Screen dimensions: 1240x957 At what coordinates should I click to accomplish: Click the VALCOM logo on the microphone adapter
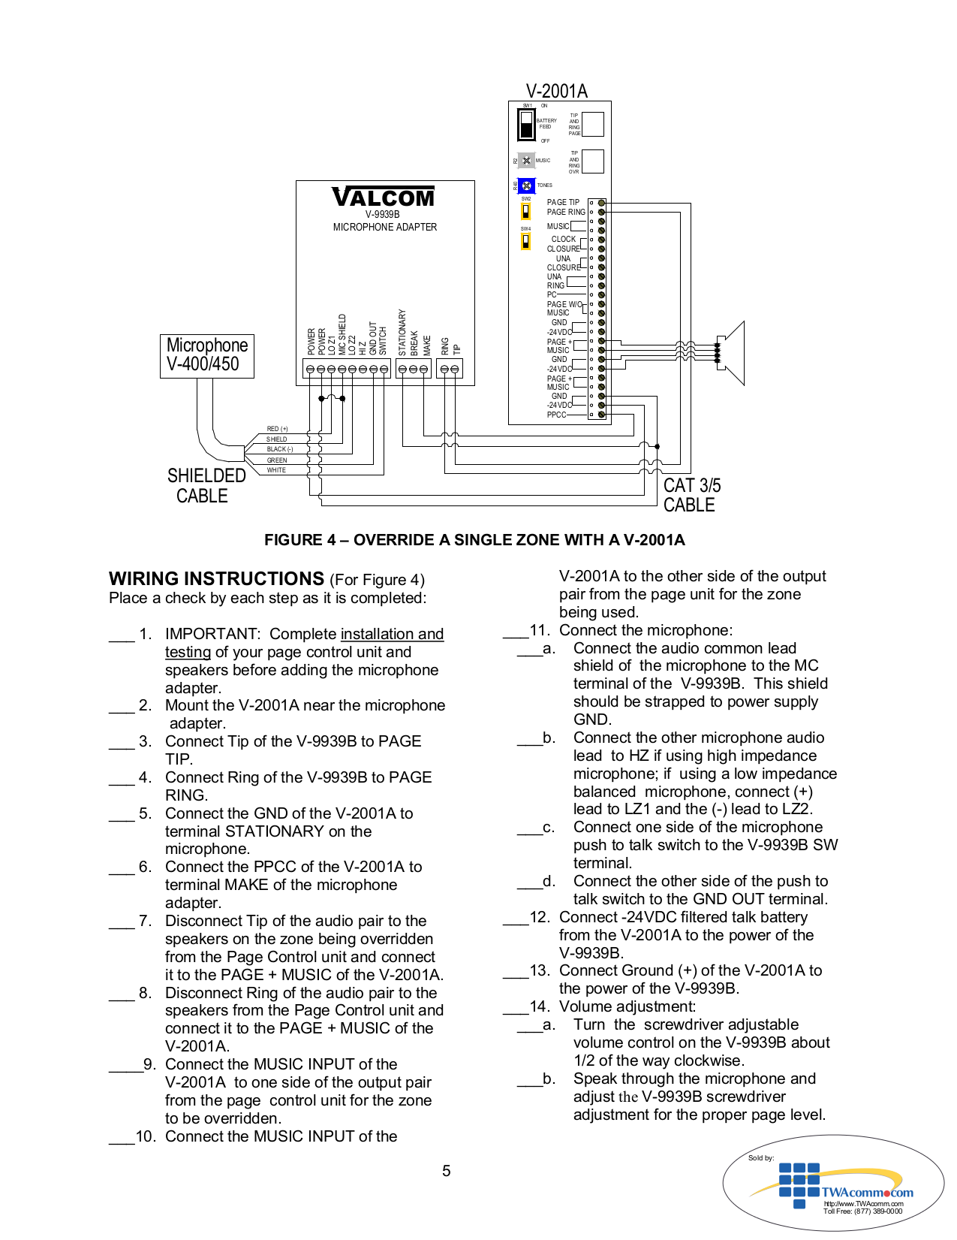tap(384, 198)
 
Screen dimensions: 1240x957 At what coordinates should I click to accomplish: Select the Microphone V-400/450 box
tap(207, 355)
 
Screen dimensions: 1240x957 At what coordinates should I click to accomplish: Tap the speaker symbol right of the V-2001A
tap(731, 353)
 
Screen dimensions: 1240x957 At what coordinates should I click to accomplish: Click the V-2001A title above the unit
tap(556, 91)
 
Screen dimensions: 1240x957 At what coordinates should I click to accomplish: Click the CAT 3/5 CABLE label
tap(691, 495)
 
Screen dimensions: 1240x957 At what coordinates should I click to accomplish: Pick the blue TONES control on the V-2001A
tap(526, 186)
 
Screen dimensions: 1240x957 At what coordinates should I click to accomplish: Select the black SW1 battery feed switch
tap(526, 124)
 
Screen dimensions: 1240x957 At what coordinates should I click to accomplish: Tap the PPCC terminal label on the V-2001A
tap(556, 415)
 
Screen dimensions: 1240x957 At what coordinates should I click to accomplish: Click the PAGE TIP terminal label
tap(563, 202)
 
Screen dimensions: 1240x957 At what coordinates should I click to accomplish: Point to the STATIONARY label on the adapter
tap(402, 333)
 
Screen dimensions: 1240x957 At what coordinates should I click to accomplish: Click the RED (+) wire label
tap(277, 429)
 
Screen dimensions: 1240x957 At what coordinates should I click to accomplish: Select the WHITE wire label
tap(276, 470)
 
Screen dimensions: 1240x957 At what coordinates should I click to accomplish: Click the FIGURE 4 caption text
tap(474, 540)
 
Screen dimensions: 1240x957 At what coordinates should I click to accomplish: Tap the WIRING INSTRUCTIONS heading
tap(216, 579)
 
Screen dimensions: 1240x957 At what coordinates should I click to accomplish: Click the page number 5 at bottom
tap(447, 1171)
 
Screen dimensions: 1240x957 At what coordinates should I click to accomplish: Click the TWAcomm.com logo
tap(866, 1192)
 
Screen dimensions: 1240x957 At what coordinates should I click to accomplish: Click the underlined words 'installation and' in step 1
tap(392, 634)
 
